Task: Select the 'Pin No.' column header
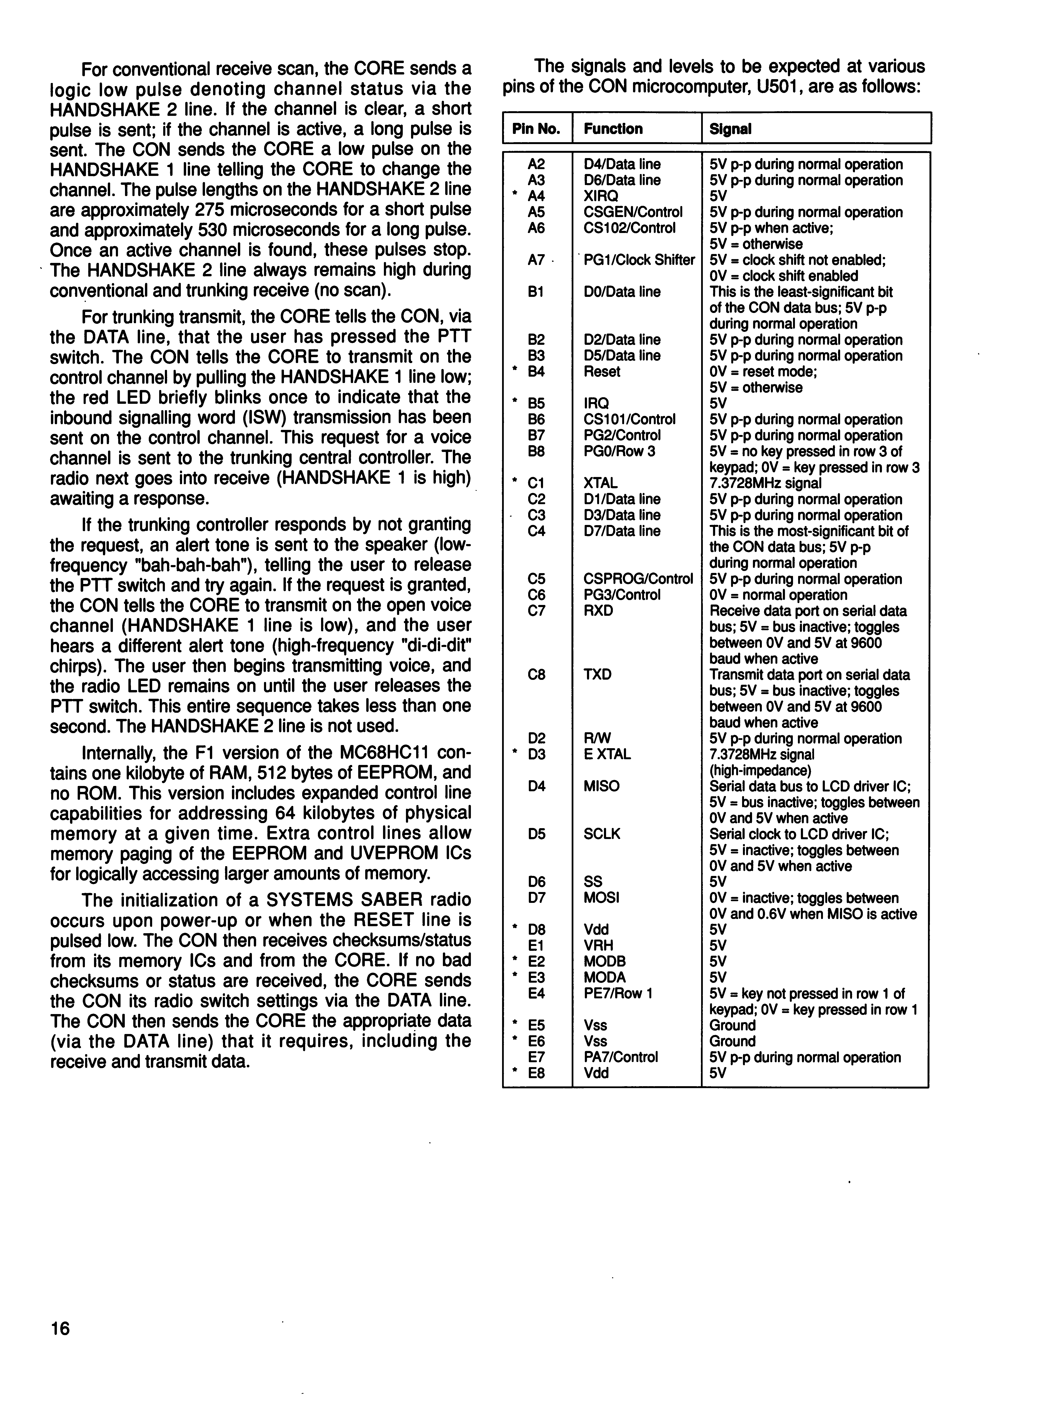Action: click(536, 129)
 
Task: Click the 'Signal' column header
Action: click(730, 129)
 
